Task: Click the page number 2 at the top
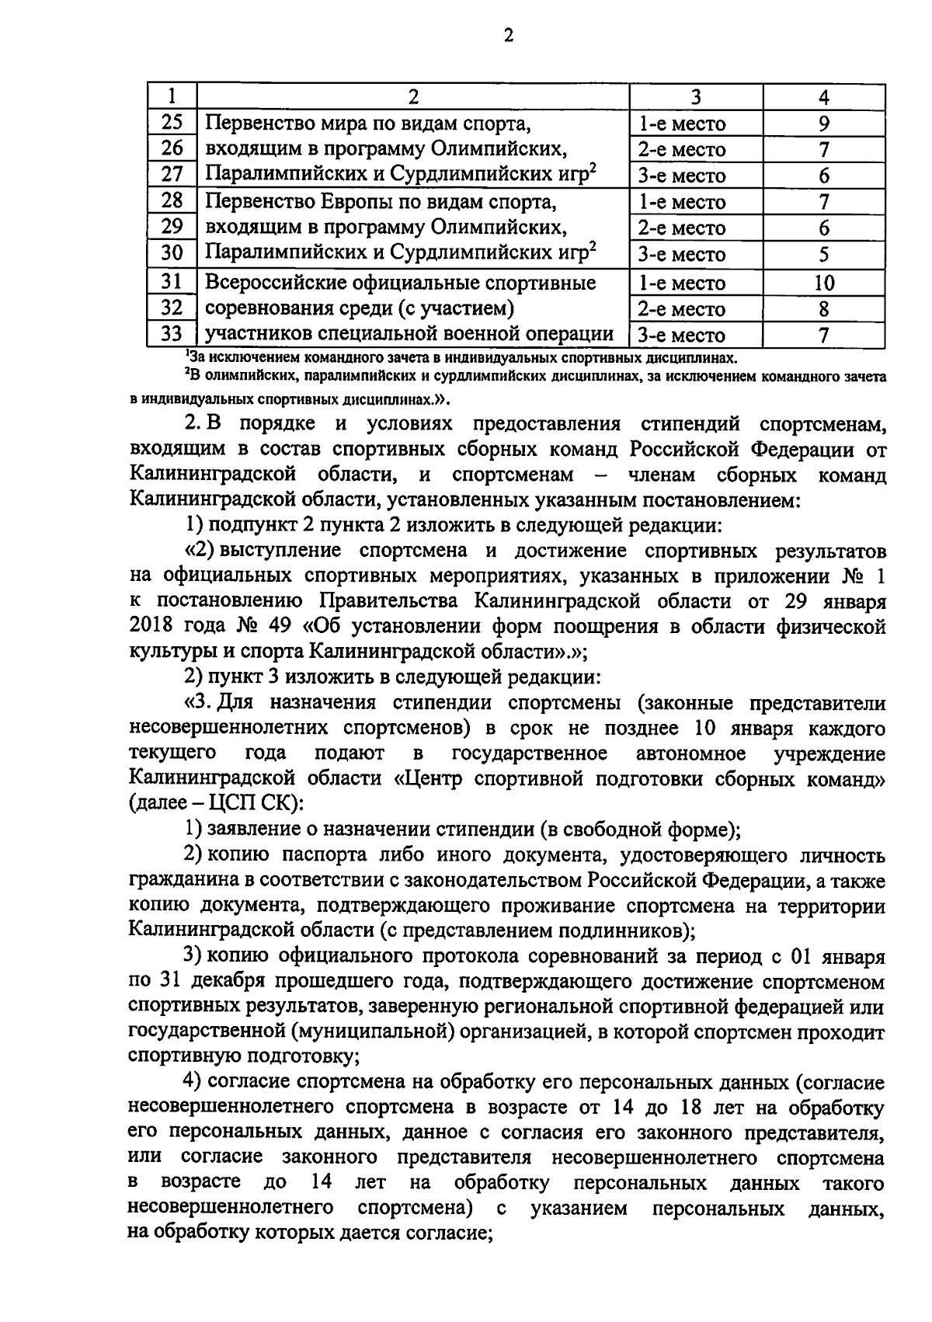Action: click(509, 36)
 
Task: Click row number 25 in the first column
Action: click(172, 122)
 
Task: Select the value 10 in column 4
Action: click(824, 283)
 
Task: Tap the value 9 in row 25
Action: click(824, 124)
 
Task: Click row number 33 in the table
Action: click(172, 334)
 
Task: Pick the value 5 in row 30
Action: click(824, 254)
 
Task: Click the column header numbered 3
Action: click(696, 97)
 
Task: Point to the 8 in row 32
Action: click(824, 309)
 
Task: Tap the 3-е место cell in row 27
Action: click(681, 176)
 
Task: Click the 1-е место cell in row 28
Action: click(681, 203)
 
